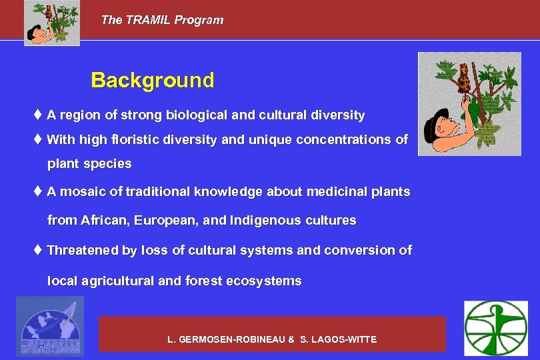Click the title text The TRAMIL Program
[162, 20]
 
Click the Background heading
[153, 81]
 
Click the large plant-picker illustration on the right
[469, 104]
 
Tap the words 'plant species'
[89, 164]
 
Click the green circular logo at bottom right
[495, 328]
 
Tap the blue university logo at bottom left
[50, 327]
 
